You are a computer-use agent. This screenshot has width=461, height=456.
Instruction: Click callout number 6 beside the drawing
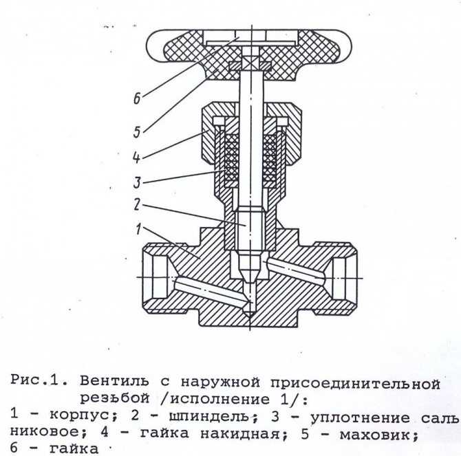pyautogui.click(x=137, y=98)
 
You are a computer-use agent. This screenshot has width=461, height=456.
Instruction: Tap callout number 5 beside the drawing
pyautogui.click(x=137, y=131)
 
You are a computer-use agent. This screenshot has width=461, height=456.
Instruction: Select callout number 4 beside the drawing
pyautogui.click(x=136, y=157)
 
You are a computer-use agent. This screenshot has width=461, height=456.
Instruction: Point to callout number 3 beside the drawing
pyautogui.click(x=137, y=182)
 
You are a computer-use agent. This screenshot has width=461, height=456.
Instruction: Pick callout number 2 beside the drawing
pyautogui.click(x=136, y=204)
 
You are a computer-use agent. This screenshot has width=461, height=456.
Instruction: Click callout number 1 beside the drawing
pyautogui.click(x=138, y=228)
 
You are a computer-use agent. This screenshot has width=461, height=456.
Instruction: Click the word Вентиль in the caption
pyautogui.click(x=114, y=381)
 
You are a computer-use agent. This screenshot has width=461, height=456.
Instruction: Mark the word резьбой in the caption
pyautogui.click(x=115, y=398)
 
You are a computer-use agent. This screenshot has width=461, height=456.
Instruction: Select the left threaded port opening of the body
pyautogui.click(x=160, y=277)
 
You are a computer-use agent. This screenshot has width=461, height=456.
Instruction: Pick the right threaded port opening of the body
pyautogui.click(x=340, y=278)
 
